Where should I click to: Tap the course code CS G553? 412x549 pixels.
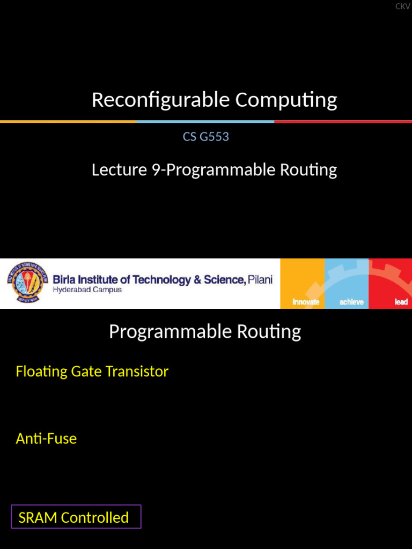point(206,137)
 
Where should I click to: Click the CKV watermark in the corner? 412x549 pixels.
point(402,6)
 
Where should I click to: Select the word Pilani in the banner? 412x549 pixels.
point(260,280)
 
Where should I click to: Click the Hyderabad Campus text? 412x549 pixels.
point(87,290)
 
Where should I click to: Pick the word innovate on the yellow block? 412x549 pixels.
point(306,302)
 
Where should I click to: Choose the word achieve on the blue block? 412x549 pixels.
point(351,302)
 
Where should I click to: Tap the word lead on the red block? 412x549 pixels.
point(401,302)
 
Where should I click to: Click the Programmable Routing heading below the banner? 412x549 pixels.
point(205,332)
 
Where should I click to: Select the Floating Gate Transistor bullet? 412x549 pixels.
point(92,372)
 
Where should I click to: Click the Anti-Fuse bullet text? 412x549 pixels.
point(46,439)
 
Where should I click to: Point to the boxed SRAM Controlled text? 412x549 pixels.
point(74,517)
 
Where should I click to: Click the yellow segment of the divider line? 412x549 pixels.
point(69,122)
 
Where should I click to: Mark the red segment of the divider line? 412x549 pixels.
point(343,122)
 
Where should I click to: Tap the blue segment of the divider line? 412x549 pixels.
point(206,122)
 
